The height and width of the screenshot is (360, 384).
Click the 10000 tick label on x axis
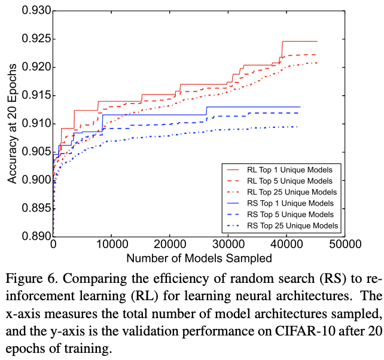[x=112, y=245]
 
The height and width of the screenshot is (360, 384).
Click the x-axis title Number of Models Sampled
[x=199, y=258]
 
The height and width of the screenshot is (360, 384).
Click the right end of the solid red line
[x=316, y=41]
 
